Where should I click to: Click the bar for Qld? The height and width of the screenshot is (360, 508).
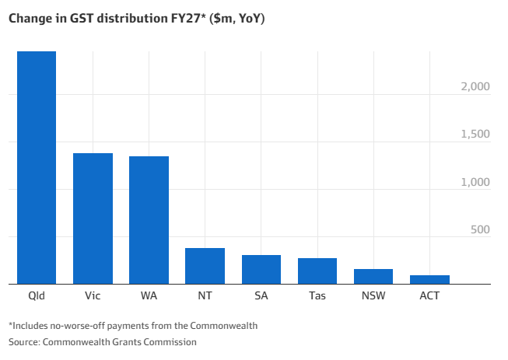[x=37, y=168]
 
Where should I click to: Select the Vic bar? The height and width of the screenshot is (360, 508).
[x=93, y=218]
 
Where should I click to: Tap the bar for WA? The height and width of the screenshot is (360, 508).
[x=149, y=220]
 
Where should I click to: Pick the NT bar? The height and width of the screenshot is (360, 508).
[x=205, y=266]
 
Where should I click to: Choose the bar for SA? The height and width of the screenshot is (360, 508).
[x=261, y=269]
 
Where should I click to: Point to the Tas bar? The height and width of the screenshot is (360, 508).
[x=317, y=271]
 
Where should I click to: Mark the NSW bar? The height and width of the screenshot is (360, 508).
[x=373, y=276]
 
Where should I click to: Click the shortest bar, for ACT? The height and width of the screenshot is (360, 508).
[x=429, y=279]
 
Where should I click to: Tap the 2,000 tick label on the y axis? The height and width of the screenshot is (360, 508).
[x=475, y=86]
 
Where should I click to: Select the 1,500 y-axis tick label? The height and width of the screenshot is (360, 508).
[x=475, y=134]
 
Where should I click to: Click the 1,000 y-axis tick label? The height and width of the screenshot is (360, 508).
[x=475, y=182]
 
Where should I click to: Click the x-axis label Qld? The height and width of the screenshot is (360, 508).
[x=37, y=296]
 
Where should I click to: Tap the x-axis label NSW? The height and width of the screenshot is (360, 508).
[x=373, y=296]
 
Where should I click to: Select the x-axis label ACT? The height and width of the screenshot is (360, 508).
[x=429, y=296]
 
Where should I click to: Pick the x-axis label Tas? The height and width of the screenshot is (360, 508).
[x=317, y=296]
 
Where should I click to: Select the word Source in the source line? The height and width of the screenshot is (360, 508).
[x=23, y=341]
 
